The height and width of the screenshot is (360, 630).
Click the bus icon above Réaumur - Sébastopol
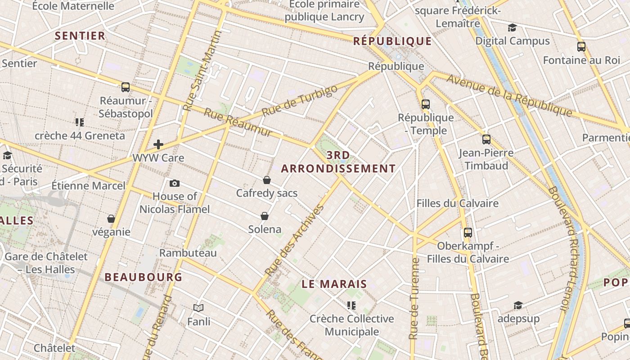pos(126,87)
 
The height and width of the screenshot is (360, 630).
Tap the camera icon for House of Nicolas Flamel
pos(175,183)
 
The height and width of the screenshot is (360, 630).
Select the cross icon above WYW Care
pos(158,144)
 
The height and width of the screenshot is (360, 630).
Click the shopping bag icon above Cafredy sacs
pos(267,180)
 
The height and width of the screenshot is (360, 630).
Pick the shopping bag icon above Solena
pos(265,216)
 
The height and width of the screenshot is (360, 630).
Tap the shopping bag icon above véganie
pos(111,219)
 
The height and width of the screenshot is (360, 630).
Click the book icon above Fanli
pos(198,308)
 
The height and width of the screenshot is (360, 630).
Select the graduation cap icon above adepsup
pos(518,305)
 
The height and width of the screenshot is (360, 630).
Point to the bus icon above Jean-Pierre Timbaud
pos(486,139)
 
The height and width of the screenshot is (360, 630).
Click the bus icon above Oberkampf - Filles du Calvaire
pos(468,233)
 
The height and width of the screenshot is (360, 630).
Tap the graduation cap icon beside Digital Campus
pos(512,28)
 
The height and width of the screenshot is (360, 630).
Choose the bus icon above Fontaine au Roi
pos(581,47)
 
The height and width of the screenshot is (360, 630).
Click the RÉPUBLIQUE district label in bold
pos(392,41)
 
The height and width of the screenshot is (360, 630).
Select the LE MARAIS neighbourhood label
pos(334,284)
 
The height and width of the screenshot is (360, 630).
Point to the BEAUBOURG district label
pos(144,277)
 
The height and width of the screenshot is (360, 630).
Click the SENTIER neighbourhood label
pos(80,36)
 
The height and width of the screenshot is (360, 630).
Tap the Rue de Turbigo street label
pos(299,101)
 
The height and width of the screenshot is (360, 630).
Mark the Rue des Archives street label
pos(294,241)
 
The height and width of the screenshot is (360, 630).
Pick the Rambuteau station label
pos(188,253)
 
